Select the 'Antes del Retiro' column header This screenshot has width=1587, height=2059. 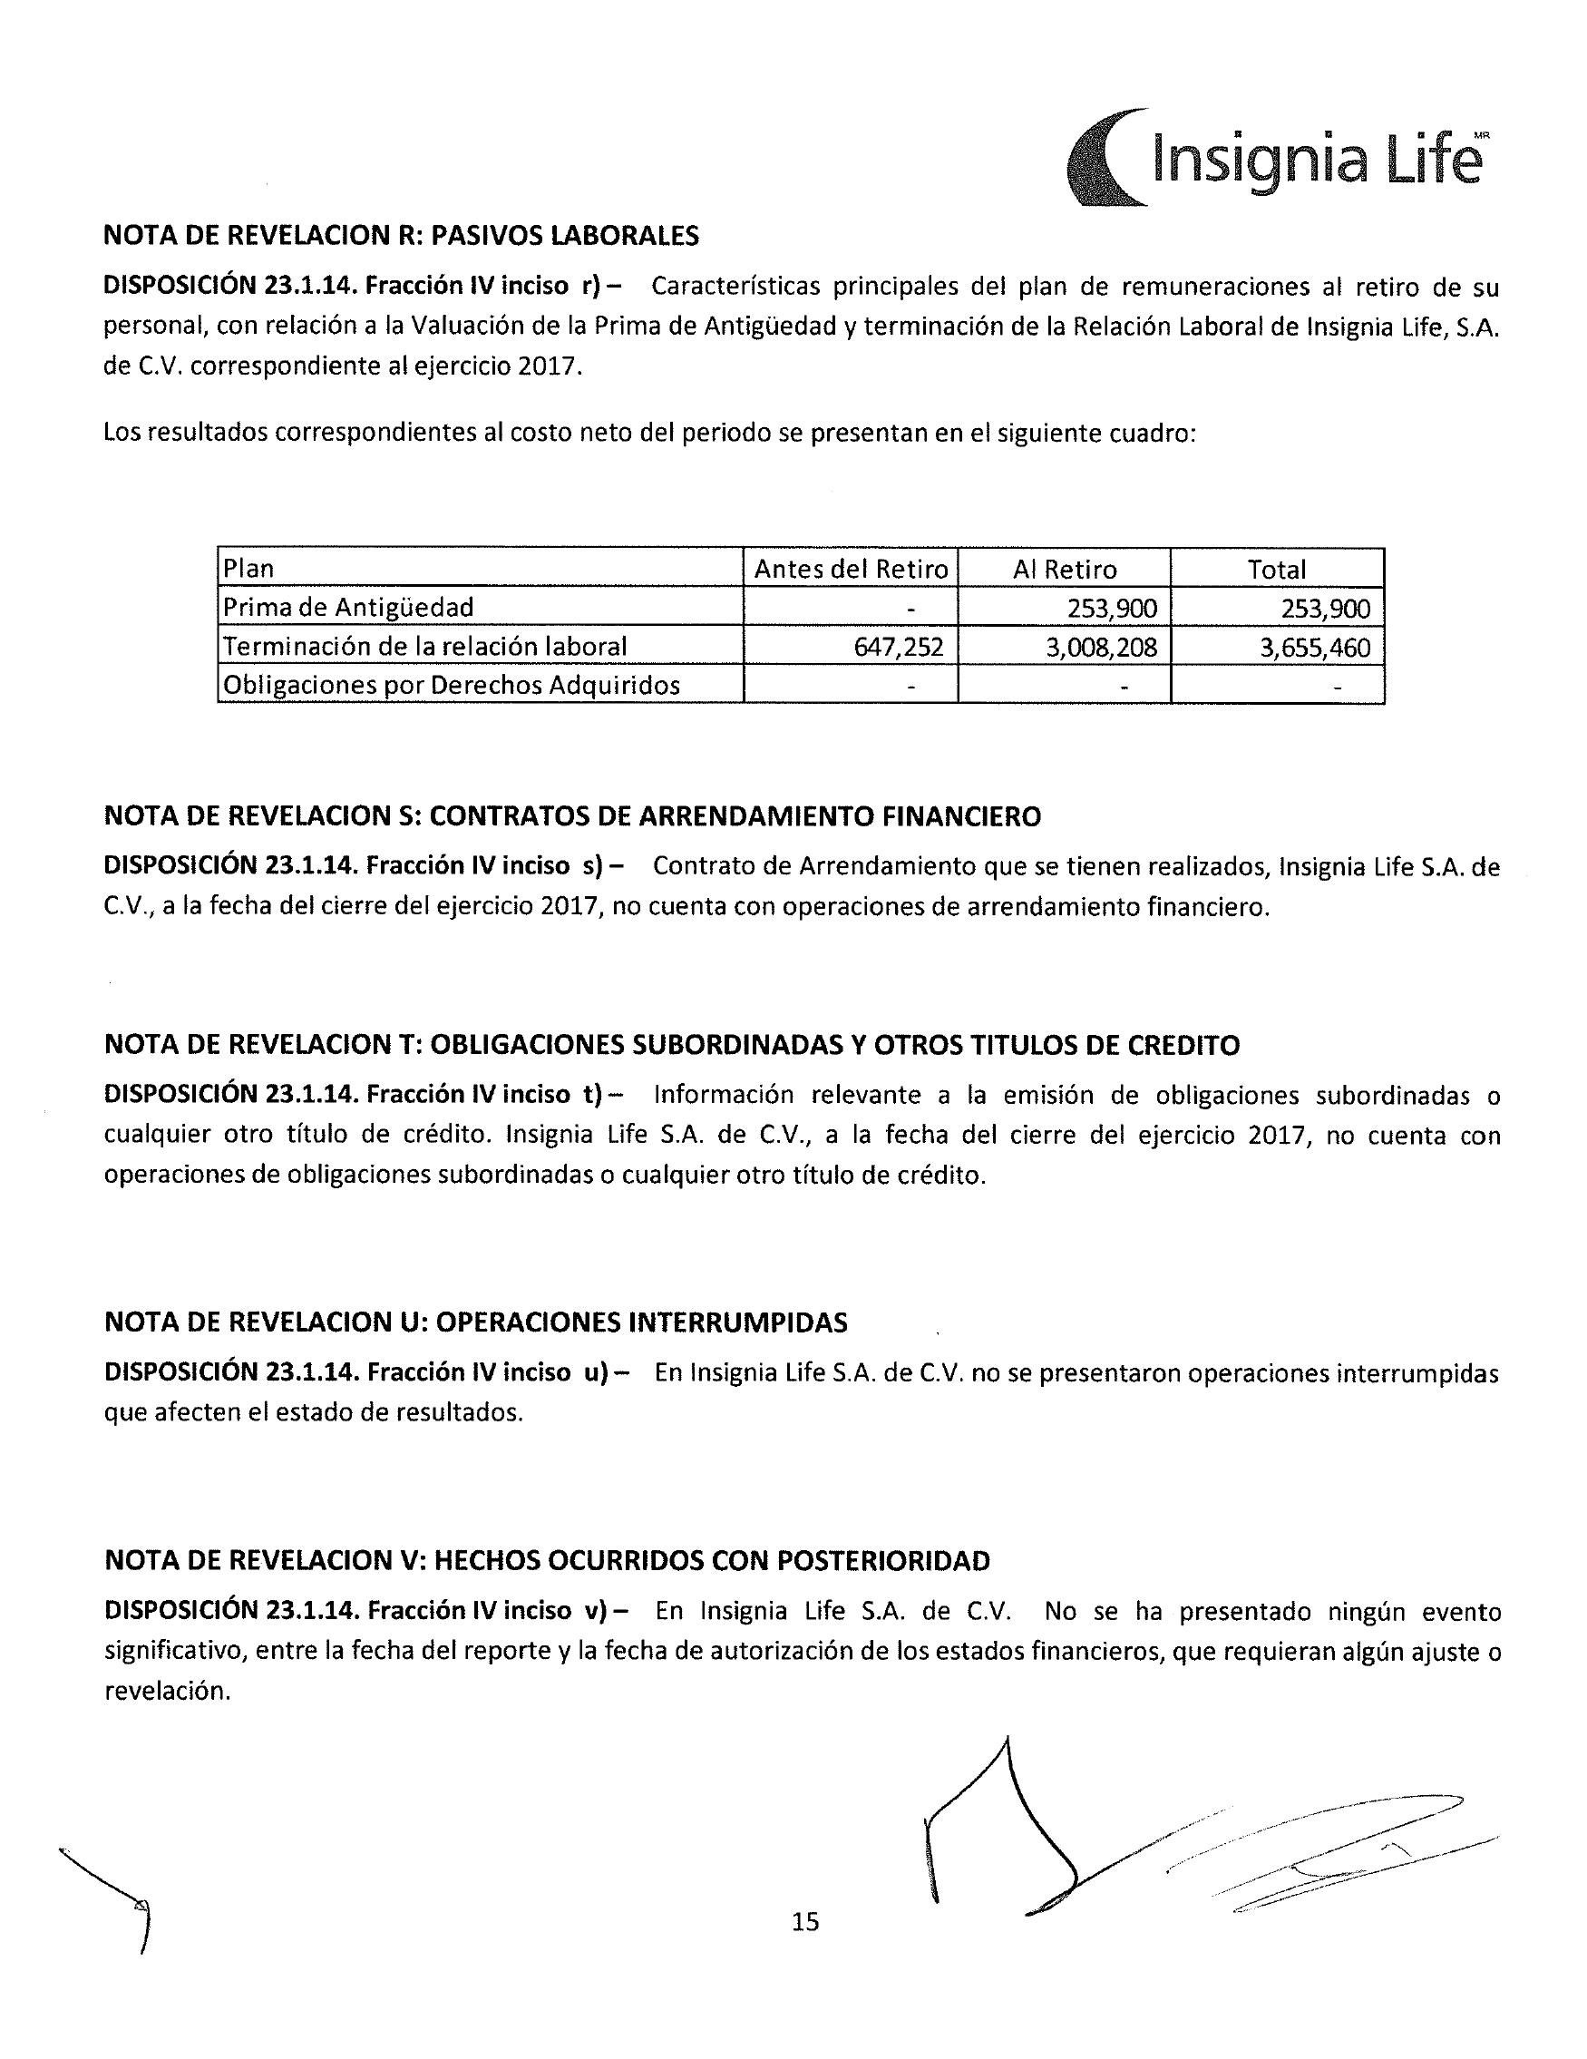coord(850,570)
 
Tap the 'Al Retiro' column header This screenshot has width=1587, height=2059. coord(1064,570)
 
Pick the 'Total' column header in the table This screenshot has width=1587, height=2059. coord(1276,570)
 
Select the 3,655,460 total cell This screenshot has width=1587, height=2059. coord(1315,647)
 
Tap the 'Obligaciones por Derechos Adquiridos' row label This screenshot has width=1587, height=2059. coord(452,686)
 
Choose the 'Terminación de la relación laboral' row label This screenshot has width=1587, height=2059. coord(424,647)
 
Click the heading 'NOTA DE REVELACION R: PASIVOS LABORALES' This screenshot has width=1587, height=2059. coord(401,236)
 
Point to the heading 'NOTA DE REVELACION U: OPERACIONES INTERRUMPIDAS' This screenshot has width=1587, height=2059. coord(475,1322)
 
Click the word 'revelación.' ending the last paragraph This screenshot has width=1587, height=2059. coord(167,1692)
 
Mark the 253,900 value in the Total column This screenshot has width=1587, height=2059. coord(1325,608)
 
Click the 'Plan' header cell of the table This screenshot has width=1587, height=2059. coord(248,570)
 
